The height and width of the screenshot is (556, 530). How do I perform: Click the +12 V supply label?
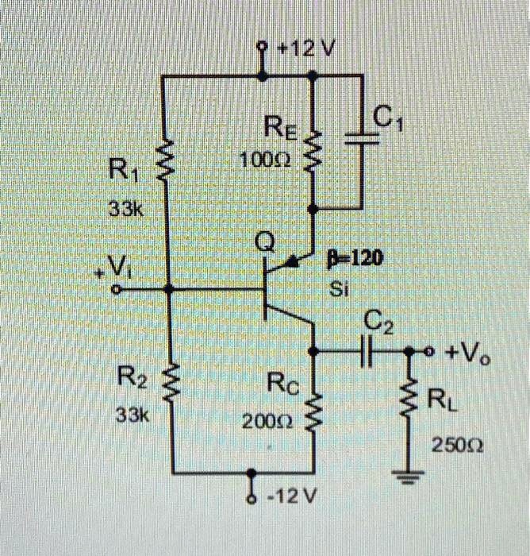click(x=307, y=49)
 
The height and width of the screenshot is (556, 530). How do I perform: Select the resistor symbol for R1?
click(x=166, y=164)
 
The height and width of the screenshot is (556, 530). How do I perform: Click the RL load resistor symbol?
click(x=411, y=398)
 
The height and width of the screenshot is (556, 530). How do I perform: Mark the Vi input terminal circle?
click(x=116, y=292)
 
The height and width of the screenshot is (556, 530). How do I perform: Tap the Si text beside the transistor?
click(x=339, y=290)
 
